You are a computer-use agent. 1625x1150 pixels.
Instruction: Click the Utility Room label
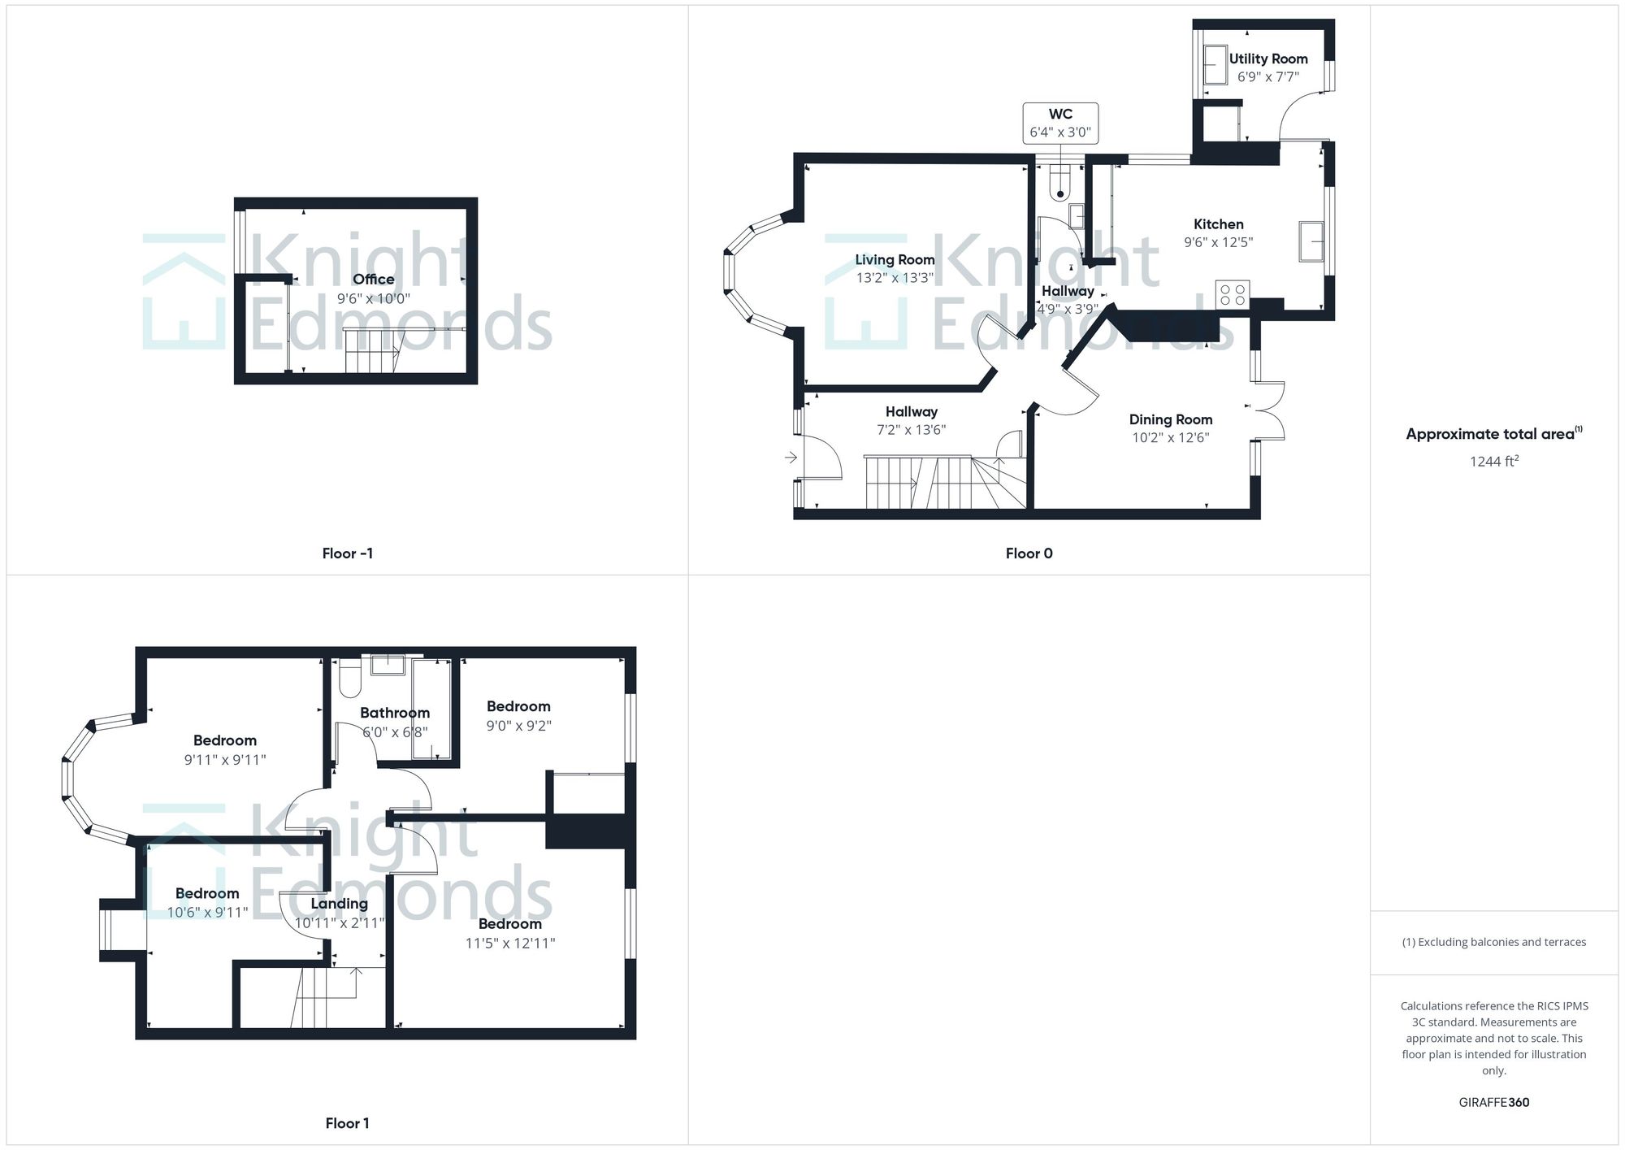[1267, 59]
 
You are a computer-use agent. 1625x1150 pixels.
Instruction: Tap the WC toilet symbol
[1059, 183]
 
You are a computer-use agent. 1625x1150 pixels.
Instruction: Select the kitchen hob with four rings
[1232, 293]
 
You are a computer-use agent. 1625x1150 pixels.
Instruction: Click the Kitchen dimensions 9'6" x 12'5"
[1218, 242]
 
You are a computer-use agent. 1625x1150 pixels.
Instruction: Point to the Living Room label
[895, 260]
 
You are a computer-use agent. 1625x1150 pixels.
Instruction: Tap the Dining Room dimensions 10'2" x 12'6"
[1170, 438]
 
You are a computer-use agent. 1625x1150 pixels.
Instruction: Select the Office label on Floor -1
[373, 280]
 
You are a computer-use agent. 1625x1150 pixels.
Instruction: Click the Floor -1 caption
[347, 553]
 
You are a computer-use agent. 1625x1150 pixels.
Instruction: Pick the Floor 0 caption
[1029, 553]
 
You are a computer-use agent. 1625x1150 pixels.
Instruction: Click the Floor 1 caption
[347, 1123]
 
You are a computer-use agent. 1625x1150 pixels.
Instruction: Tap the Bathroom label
[395, 713]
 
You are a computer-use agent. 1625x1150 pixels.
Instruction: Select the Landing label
[339, 904]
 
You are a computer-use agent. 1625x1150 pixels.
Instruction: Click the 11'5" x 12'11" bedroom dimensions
[509, 944]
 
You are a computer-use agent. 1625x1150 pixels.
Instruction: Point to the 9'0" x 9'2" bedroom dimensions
[518, 726]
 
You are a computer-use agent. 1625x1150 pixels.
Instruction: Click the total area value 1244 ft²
[1493, 462]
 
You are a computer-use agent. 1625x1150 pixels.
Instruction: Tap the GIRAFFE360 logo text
[1493, 1103]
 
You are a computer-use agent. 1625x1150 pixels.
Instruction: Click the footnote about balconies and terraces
[1493, 942]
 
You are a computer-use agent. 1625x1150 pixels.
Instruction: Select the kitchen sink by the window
[1311, 241]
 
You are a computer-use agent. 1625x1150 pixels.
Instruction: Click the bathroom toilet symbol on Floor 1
[350, 679]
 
